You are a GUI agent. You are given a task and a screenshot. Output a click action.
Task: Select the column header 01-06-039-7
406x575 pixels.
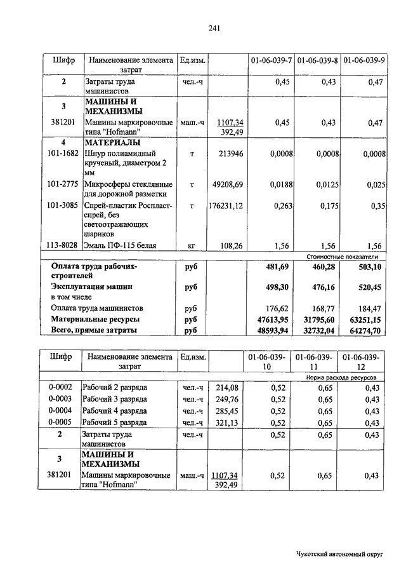[271, 60]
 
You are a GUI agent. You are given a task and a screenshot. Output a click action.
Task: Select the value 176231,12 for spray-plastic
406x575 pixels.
[226, 205]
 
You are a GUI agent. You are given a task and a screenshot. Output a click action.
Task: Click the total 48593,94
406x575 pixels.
[273, 330]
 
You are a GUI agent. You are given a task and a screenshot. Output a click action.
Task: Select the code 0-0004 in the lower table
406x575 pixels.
[61, 410]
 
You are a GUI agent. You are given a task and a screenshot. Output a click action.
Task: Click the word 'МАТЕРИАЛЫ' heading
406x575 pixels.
[112, 142]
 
